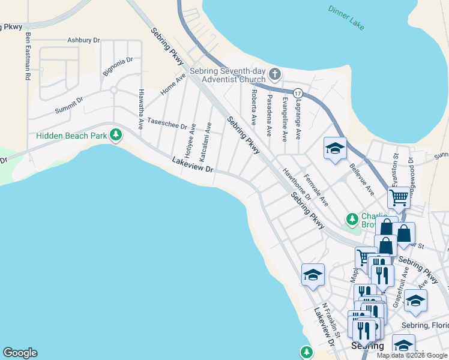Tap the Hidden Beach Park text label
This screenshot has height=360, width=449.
pos(71,136)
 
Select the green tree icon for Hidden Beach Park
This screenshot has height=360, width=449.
pos(116,136)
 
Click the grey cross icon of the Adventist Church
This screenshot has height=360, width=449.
pos(275,74)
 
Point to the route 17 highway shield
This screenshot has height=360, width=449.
pos(298,94)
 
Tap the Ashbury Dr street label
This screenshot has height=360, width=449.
pos(83,40)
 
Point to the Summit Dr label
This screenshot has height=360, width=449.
pos(69,105)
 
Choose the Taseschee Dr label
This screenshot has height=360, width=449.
pos(167,123)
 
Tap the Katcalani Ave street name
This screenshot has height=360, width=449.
pos(206,142)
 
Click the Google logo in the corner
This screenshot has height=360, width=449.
pos(20,353)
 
